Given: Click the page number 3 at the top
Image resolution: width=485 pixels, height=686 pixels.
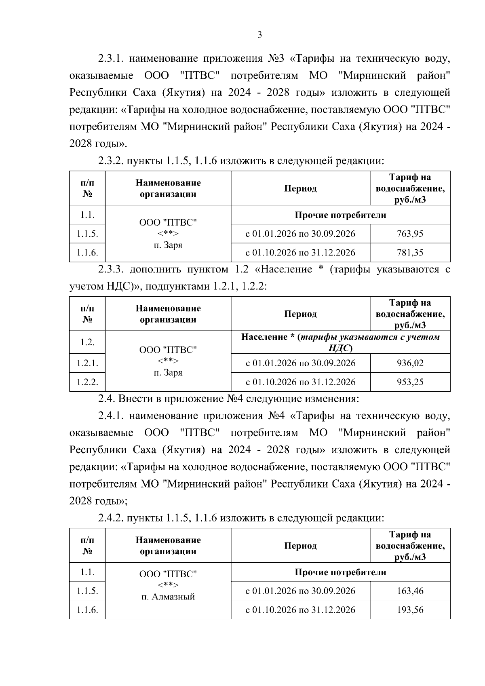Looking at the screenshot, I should pos(259,35).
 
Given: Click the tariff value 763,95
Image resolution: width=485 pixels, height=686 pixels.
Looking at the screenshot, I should pos(410,234).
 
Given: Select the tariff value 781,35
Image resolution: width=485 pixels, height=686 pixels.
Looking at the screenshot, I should pos(410,253).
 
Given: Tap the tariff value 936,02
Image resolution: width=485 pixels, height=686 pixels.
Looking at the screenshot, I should pos(410,363).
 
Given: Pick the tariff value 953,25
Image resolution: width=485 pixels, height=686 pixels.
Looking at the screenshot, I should pos(410,382).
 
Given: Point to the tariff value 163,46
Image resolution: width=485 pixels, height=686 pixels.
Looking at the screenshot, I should pos(410,591).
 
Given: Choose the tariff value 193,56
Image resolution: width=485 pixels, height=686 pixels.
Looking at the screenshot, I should pos(410,610).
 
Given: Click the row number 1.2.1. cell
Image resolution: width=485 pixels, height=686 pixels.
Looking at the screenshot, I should pos(87,363).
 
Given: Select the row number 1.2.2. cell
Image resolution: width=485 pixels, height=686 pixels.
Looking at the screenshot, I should pos(87,382).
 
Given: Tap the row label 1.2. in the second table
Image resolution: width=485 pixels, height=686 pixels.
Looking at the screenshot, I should pos(87,342).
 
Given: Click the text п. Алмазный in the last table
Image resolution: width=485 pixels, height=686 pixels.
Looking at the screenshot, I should pos(168,597).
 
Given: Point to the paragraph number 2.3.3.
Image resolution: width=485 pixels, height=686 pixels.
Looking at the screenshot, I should pos(112,270).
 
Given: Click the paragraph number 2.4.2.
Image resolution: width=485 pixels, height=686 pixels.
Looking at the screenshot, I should pos(110,518).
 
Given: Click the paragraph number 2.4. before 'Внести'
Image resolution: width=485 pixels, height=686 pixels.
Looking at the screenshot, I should pos(106,399).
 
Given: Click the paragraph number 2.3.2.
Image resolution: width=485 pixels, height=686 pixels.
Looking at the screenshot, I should pos(110,161).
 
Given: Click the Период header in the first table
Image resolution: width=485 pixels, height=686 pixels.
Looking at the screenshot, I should pos(300,188).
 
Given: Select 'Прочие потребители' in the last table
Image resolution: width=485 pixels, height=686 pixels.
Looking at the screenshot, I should pos(340,572).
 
